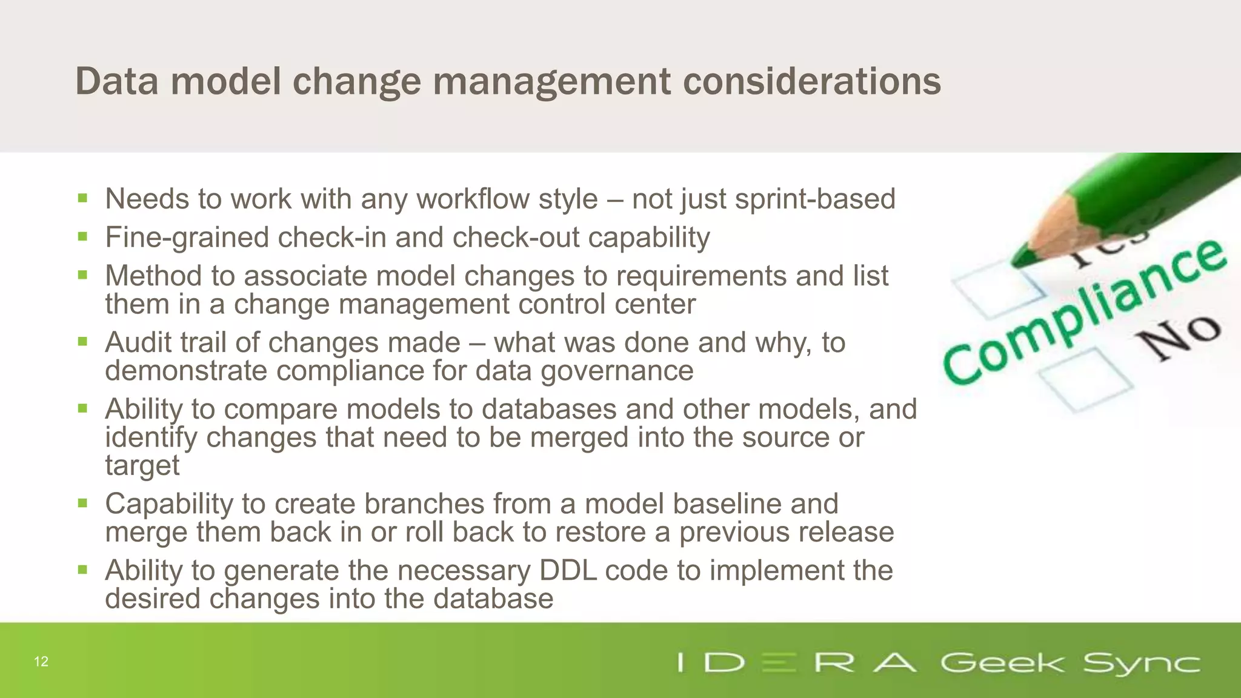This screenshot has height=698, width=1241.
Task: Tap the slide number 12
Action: click(41, 662)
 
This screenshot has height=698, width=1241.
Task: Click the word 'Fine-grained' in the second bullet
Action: click(187, 238)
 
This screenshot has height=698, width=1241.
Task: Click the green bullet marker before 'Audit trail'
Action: click(83, 342)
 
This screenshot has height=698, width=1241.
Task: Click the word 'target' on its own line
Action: click(142, 465)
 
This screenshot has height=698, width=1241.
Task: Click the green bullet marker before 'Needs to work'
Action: click(83, 198)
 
